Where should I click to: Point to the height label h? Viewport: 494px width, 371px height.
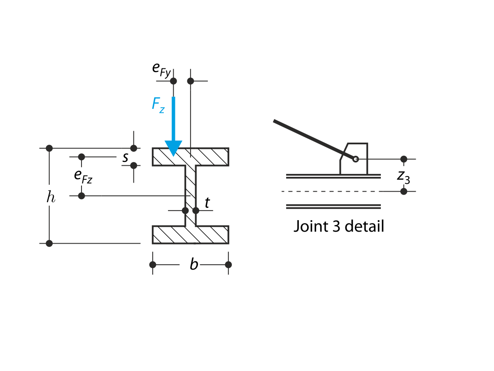(50, 197)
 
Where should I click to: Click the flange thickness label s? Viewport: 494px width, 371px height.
(125, 157)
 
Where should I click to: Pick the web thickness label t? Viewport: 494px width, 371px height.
(207, 202)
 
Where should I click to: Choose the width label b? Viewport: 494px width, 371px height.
(194, 265)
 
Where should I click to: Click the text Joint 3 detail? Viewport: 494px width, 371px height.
(338, 226)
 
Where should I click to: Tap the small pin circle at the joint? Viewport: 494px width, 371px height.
(356, 159)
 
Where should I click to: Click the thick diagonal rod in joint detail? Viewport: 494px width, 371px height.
(313, 139)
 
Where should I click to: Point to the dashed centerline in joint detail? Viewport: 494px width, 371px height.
(329, 191)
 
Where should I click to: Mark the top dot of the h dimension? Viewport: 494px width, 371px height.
(49, 148)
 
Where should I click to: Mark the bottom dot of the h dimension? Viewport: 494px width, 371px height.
(49, 243)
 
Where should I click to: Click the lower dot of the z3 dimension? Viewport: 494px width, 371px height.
(404, 191)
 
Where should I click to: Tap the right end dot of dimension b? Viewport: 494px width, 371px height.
(228, 265)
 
